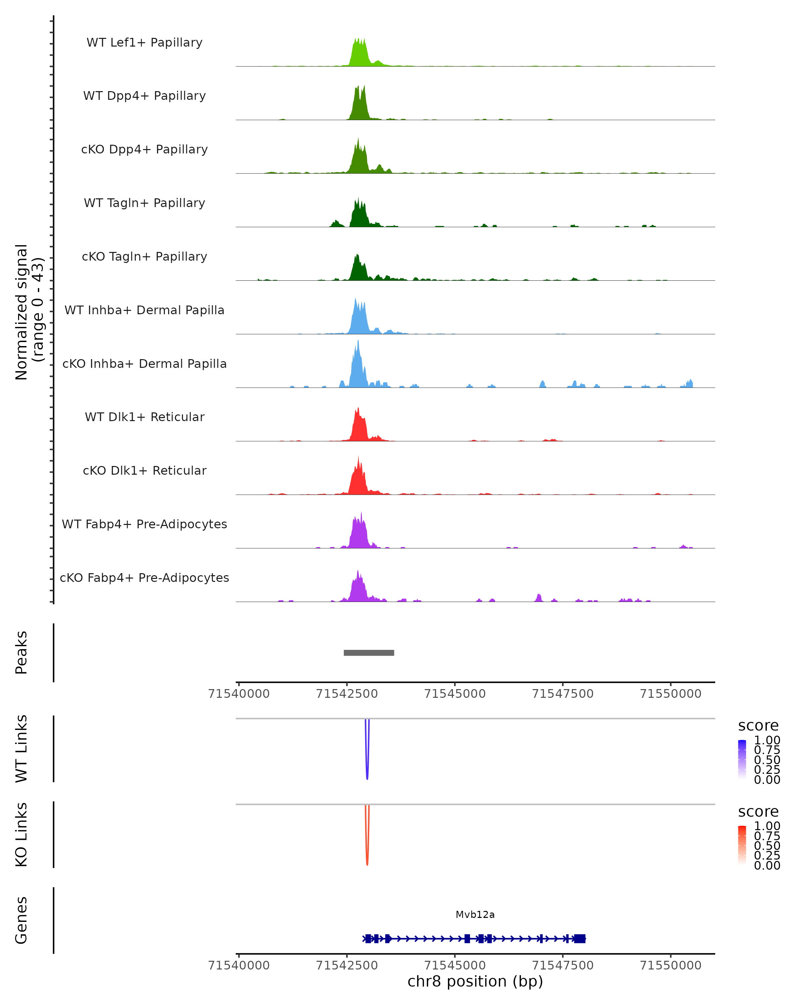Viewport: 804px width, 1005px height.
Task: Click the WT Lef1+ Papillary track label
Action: click(144, 43)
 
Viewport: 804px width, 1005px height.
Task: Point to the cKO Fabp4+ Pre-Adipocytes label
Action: click(144, 578)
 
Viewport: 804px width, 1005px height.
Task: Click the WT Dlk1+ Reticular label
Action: click(144, 417)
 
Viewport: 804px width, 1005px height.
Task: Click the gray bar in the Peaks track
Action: click(369, 653)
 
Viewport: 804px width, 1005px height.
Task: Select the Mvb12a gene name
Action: click(475, 915)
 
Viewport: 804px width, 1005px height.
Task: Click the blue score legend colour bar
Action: click(742, 759)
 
